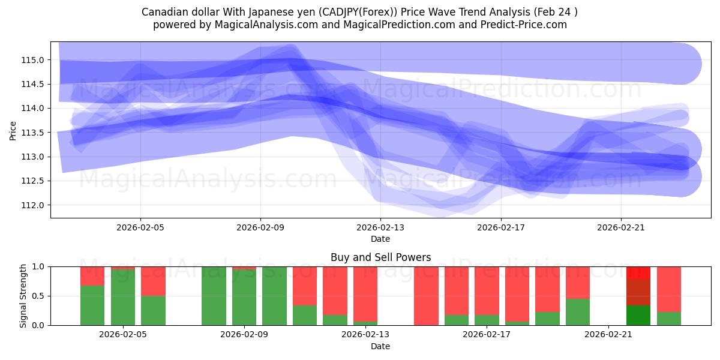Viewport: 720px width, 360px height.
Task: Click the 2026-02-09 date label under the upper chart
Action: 260,228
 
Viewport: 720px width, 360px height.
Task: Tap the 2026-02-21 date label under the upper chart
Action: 620,228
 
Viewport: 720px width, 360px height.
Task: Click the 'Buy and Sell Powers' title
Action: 380,257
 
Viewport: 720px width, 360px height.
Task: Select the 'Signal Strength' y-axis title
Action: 23,296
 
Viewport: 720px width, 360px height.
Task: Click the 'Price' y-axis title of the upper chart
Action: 13,130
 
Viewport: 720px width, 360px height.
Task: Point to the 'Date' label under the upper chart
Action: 380,239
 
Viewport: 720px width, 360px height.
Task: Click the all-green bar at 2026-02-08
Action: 214,296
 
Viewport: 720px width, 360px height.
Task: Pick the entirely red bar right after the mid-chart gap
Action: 426,296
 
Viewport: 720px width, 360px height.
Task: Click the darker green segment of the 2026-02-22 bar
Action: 638,316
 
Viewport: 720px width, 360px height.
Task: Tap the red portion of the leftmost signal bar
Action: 92,275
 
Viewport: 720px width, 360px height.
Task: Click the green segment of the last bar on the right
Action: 669,319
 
